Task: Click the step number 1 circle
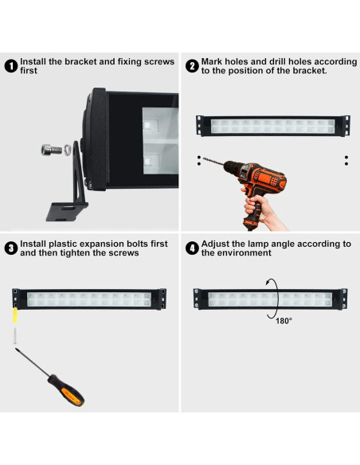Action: coord(11,66)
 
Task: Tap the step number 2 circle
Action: coord(192,66)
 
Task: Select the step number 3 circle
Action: coord(11,248)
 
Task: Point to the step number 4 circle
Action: coord(192,248)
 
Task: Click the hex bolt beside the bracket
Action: coord(52,150)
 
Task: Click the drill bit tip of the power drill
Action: coord(203,158)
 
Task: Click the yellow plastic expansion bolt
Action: coord(15,315)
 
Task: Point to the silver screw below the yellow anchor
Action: coord(15,335)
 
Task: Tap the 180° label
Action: coord(284,321)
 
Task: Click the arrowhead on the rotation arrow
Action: coord(268,283)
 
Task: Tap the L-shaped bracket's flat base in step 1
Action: coord(66,211)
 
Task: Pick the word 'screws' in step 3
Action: coord(124,252)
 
